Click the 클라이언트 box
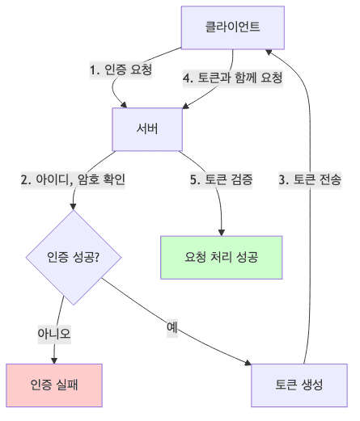coord(232,28)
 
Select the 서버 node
coord(146,128)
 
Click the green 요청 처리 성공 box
coord(222,258)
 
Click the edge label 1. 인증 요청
coord(121,70)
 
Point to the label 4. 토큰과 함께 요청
coord(232,78)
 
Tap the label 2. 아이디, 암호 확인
coord(73,180)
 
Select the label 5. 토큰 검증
coord(221,180)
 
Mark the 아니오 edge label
coord(55,332)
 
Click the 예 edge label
coord(172,327)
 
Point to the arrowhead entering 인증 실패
coord(55,360)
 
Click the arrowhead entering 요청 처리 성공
coord(222,232)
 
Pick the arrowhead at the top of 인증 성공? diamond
coord(73,207)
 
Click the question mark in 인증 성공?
coord(97,258)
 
